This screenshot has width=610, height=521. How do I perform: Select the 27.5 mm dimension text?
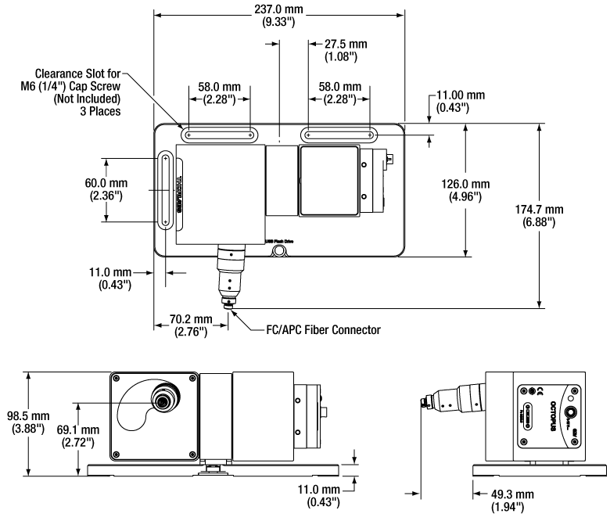coord(339,50)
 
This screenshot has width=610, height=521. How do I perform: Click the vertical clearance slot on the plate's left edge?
coord(166,192)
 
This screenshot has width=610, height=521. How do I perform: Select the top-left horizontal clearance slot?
coord(219,135)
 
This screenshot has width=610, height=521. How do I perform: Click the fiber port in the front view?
coord(163,401)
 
